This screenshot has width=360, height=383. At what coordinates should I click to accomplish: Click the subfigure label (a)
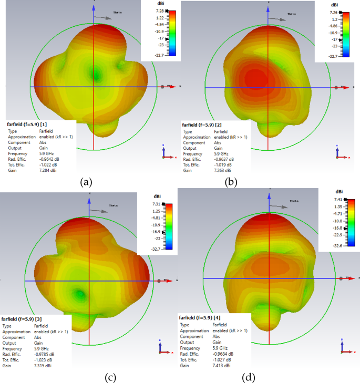pos(86,182)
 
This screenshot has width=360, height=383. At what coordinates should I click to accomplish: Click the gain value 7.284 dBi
pos(47,170)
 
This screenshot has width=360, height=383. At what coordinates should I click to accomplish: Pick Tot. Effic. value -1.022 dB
pos(47,164)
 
